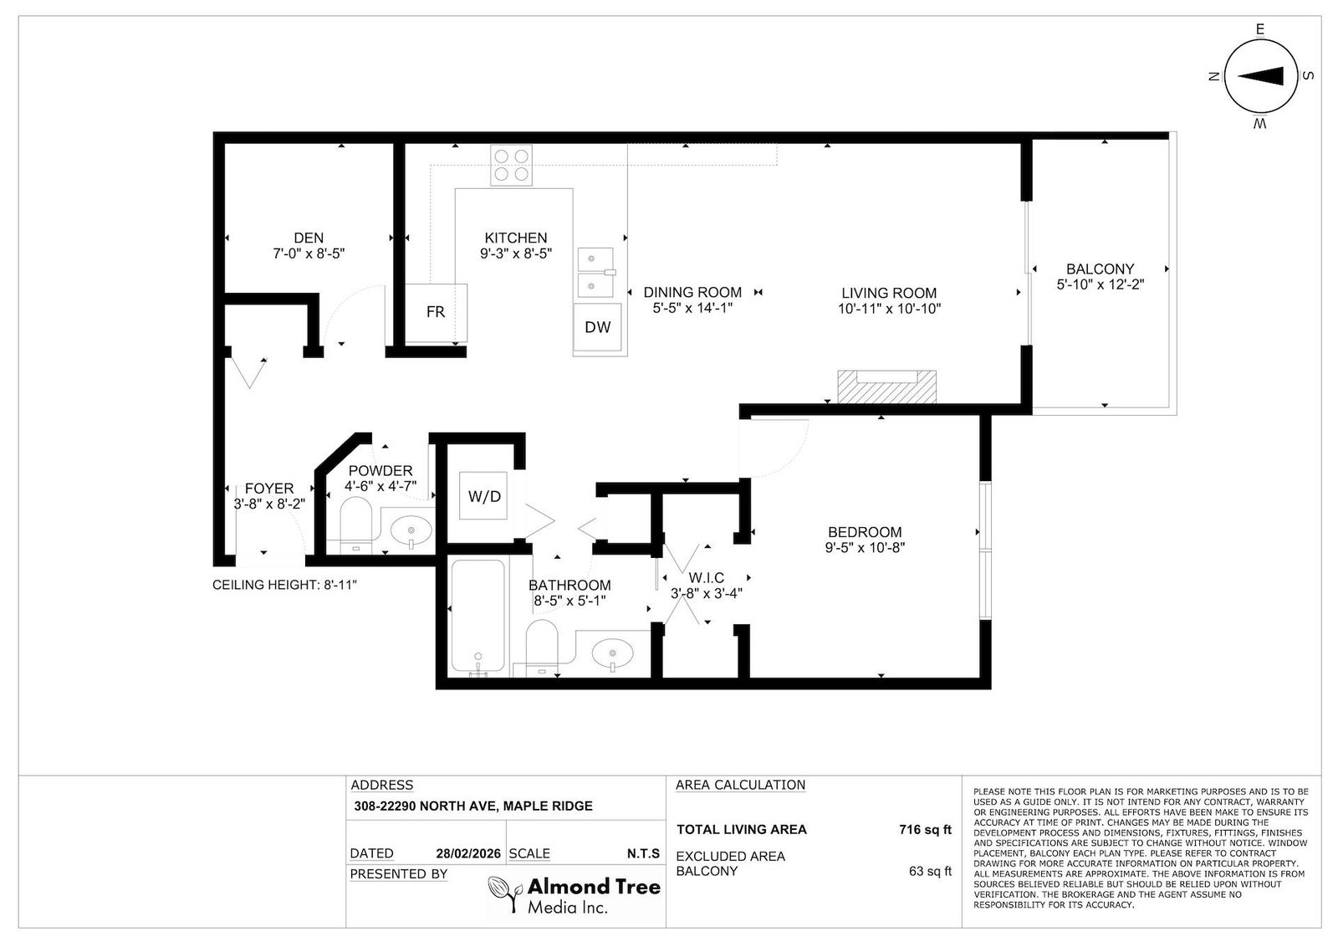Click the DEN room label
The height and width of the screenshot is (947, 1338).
[309, 238]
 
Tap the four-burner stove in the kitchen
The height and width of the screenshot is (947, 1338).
[511, 165]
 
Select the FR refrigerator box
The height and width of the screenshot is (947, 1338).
[436, 313]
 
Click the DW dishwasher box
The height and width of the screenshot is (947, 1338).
[597, 327]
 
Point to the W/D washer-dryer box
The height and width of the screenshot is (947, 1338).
[484, 496]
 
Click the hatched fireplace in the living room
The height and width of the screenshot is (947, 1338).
[886, 386]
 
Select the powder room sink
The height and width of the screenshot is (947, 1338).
[411, 530]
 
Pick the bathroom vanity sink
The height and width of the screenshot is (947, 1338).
[612, 653]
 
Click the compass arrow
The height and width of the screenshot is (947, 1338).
[1259, 76]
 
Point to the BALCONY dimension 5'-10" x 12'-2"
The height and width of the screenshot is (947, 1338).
[1101, 284]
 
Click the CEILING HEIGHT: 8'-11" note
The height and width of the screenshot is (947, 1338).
[284, 584]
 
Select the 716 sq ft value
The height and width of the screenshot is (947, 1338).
[925, 829]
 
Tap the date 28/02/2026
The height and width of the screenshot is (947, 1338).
[468, 853]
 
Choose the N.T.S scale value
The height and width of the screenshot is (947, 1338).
[643, 853]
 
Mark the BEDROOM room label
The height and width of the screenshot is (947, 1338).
[865, 532]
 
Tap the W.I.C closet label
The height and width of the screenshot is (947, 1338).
[706, 578]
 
